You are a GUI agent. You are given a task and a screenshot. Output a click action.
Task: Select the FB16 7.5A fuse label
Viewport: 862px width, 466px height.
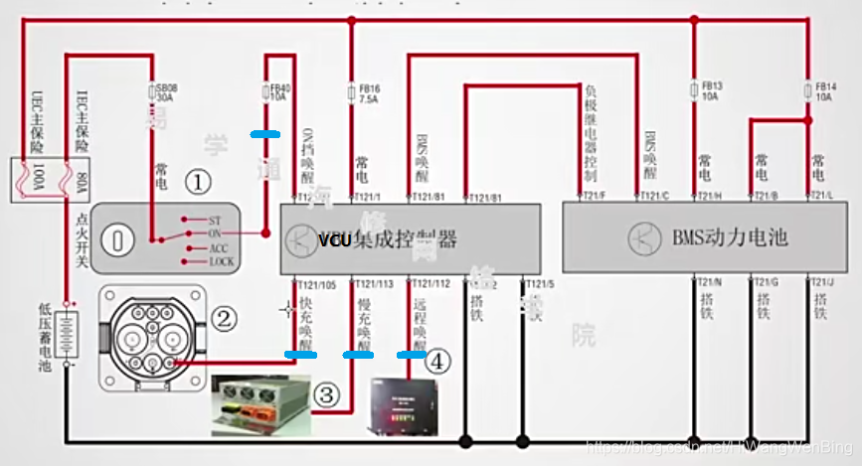pyautogui.click(x=369, y=94)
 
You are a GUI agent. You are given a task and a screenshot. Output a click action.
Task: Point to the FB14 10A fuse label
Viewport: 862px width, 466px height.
pyautogui.click(x=823, y=92)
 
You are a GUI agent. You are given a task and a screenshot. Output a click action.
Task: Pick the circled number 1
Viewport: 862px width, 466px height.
pyautogui.click(x=201, y=182)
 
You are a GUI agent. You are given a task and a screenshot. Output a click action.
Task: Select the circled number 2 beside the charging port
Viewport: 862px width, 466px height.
pyautogui.click(x=225, y=318)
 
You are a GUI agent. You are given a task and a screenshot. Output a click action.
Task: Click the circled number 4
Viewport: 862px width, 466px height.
pyautogui.click(x=434, y=362)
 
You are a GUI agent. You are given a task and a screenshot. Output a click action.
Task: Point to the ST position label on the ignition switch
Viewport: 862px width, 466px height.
pyautogui.click(x=215, y=220)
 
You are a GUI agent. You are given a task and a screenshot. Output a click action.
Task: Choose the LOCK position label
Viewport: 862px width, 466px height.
pyautogui.click(x=221, y=261)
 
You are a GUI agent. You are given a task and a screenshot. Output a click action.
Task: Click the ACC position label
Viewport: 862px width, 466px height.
pyautogui.click(x=219, y=247)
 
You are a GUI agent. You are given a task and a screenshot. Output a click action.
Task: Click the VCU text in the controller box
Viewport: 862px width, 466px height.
pyautogui.click(x=334, y=239)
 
